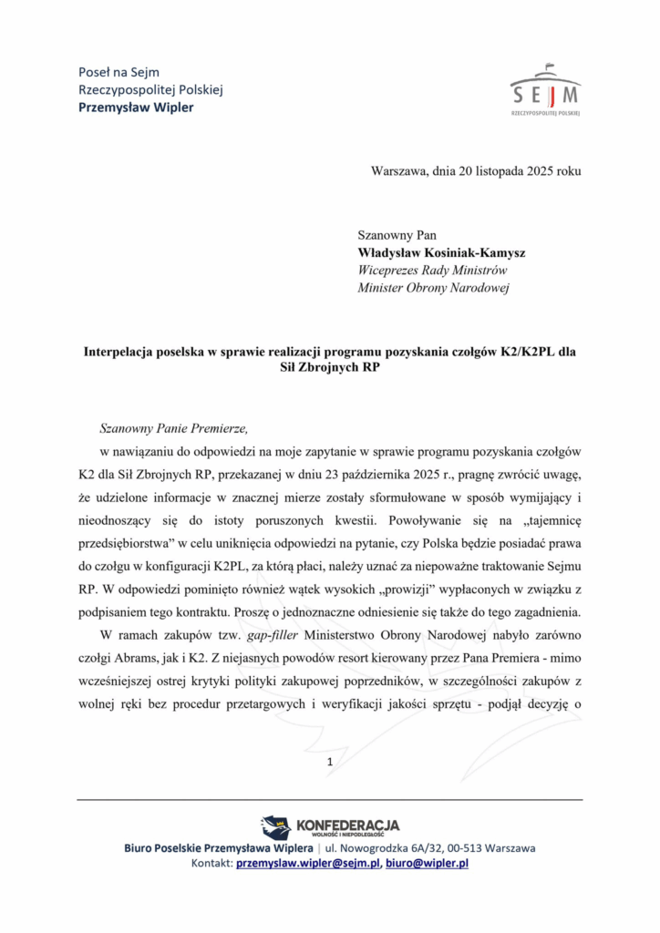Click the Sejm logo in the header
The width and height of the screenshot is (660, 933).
pyautogui.click(x=545, y=90)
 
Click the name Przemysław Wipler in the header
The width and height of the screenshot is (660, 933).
pyautogui.click(x=137, y=108)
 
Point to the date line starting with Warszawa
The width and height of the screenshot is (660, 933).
pyautogui.click(x=476, y=170)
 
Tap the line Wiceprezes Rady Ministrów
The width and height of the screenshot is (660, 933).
pyautogui.click(x=432, y=271)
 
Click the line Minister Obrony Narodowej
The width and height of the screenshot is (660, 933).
pyautogui.click(x=433, y=289)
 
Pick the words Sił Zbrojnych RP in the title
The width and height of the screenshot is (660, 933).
pyautogui.click(x=329, y=369)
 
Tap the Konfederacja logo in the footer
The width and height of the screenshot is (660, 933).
pyautogui.click(x=329, y=826)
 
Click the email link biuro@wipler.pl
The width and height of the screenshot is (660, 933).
pyautogui.click(x=426, y=864)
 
